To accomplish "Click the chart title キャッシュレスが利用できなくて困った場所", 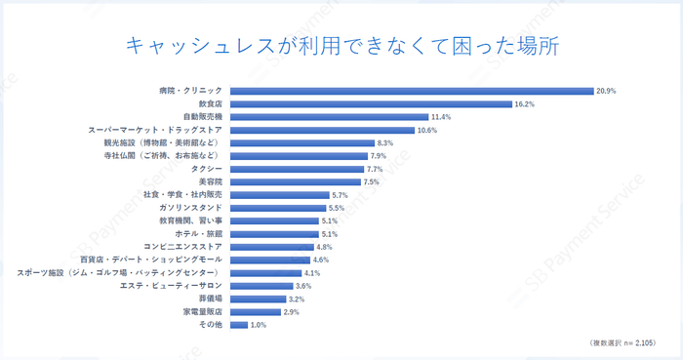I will tap(341, 46).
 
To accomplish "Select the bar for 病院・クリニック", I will tap(411, 91).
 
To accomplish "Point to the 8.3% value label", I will tap(385, 142).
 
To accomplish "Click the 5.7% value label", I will tap(341, 195).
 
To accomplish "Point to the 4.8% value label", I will tap(325, 247).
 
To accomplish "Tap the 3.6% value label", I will tap(303, 286).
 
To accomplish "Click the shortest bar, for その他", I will tap(238, 325).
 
